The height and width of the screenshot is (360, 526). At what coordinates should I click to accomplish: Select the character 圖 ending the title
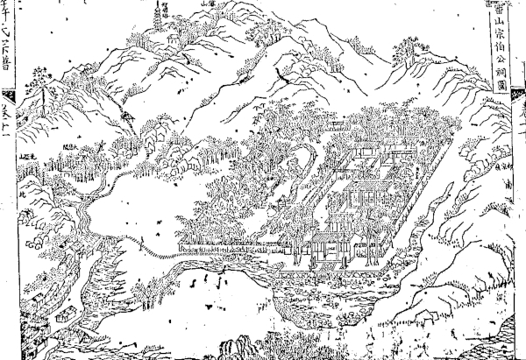point(496,86)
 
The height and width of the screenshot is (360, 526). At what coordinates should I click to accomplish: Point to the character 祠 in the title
point(496,71)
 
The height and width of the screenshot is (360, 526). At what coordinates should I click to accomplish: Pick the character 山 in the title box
point(496,26)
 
